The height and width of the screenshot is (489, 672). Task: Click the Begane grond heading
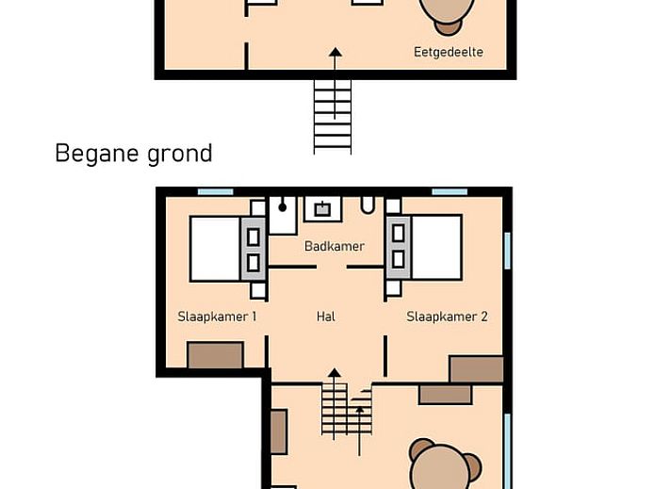134,154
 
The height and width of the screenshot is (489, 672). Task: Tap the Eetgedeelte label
449,52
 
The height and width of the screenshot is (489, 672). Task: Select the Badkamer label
335,246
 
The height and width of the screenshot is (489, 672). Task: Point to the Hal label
326,317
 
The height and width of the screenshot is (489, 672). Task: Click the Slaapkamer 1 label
217,317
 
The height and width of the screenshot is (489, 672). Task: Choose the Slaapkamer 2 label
447,317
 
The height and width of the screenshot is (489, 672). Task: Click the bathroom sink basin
322,209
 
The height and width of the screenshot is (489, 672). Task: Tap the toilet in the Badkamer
368,204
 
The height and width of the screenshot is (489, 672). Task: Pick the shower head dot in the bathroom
283,207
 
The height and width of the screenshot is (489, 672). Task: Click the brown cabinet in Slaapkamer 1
215,355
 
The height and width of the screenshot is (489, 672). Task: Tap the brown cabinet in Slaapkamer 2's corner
476,368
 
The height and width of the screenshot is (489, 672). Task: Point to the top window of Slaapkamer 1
216,192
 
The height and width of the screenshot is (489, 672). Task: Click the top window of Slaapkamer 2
450,192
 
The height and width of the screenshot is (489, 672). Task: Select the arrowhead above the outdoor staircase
336,52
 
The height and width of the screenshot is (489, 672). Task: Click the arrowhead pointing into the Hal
335,372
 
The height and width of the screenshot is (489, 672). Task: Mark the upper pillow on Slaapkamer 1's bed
254,236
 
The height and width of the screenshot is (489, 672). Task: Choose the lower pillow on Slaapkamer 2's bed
398,259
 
